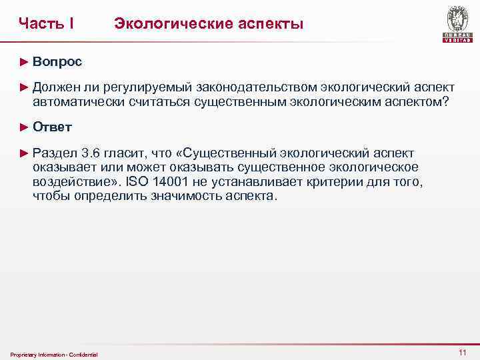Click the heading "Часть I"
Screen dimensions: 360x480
point(46,24)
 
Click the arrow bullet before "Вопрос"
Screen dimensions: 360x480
point(25,62)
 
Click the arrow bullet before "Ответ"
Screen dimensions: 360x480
point(25,127)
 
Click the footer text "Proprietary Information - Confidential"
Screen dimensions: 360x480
point(54,354)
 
